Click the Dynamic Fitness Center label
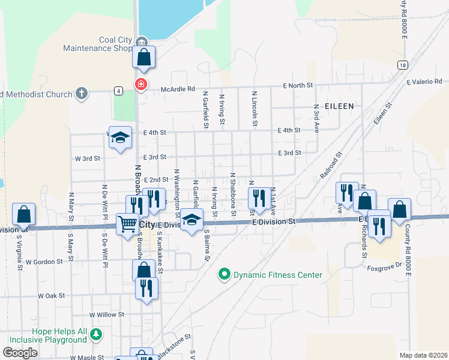pyautogui.click(x=278, y=275)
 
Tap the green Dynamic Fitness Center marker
pyautogui.click(x=224, y=275)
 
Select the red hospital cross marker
pyautogui.click(x=140, y=85)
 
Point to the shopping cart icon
pyautogui.click(x=127, y=224)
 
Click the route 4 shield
pyautogui.click(x=119, y=91)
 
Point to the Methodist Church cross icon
pyautogui.click(x=82, y=94)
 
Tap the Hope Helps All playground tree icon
pyautogui.click(x=95, y=334)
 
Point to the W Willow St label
pyautogui.click(x=107, y=314)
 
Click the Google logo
pyautogui.click(x=20, y=353)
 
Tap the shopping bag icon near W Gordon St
pyautogui.click(x=143, y=269)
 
